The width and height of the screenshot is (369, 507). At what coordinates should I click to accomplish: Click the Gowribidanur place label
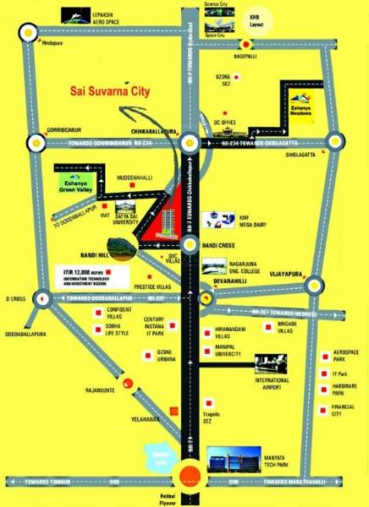[x=47, y=131]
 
